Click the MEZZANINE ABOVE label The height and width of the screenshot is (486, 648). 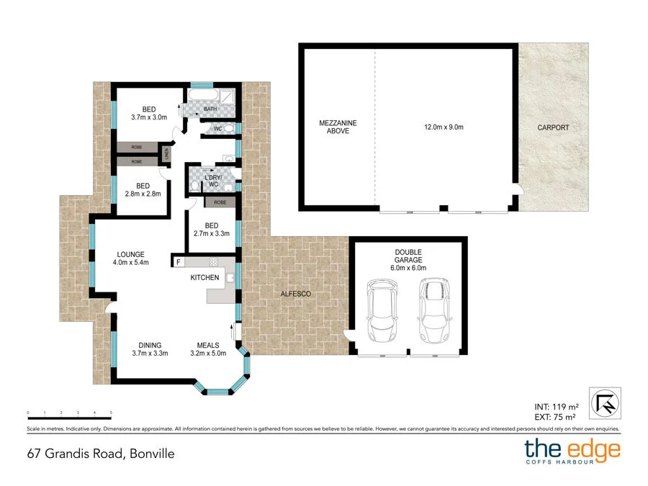[x=338, y=127]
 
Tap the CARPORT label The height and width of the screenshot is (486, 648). [x=553, y=127]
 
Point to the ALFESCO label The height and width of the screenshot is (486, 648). [x=294, y=294]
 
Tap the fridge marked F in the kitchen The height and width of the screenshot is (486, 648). [x=178, y=261]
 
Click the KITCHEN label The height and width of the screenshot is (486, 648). [x=204, y=277]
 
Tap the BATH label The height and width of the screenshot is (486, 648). [x=210, y=109]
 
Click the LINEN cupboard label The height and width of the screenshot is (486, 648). [x=167, y=155]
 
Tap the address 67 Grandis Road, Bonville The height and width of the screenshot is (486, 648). [x=101, y=454]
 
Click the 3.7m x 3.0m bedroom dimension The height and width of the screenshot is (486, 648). [x=149, y=117]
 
